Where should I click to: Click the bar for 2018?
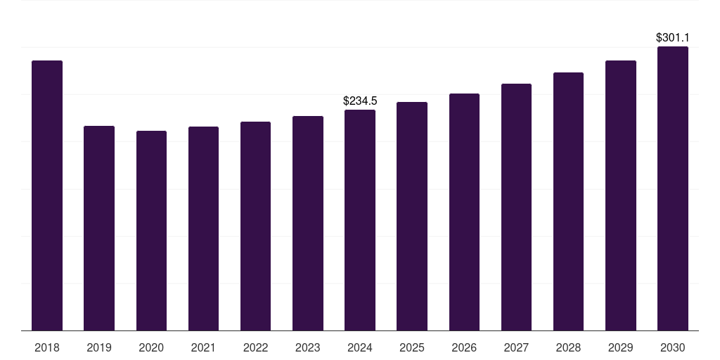click(47, 195)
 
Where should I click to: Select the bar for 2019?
click(99, 229)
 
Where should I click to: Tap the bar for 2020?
click(152, 231)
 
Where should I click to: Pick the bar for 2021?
click(203, 229)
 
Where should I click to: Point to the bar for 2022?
click(255, 226)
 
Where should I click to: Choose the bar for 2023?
click(308, 223)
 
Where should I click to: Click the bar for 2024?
click(360, 220)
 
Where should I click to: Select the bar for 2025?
click(412, 217)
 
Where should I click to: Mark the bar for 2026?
click(464, 212)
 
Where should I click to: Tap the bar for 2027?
click(516, 207)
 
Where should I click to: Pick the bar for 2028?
click(568, 202)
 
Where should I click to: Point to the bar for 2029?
click(621, 195)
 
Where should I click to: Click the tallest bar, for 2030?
click(673, 188)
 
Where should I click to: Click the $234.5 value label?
click(360, 101)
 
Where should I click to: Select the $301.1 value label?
click(673, 38)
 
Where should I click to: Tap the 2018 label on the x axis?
click(47, 348)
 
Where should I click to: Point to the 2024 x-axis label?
click(360, 348)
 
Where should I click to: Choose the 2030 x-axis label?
click(673, 348)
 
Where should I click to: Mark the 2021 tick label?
click(203, 348)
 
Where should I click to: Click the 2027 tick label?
click(516, 348)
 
